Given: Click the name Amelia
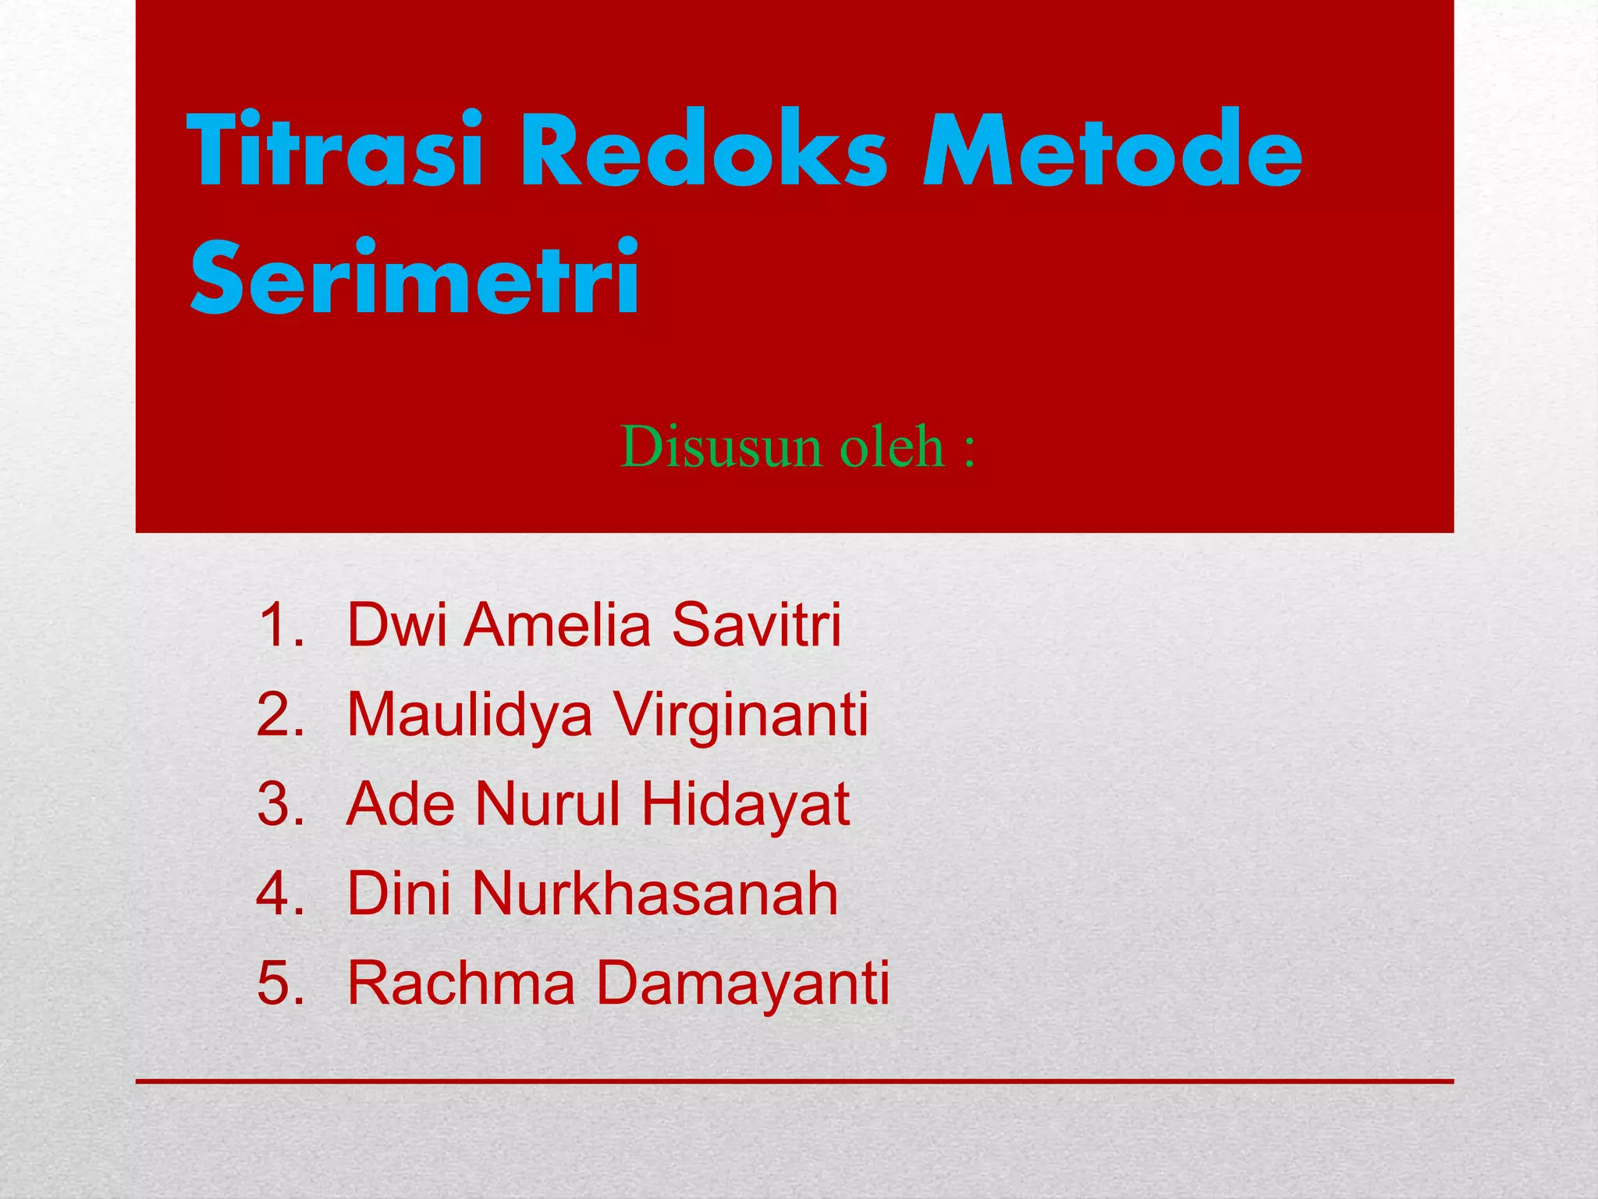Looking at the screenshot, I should pyautogui.click(x=557, y=625).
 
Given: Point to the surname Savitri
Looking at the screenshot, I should pyautogui.click(x=756, y=625).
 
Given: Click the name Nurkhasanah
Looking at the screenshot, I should pyautogui.click(x=654, y=894).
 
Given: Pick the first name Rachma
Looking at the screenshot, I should pyautogui.click(x=461, y=983).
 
